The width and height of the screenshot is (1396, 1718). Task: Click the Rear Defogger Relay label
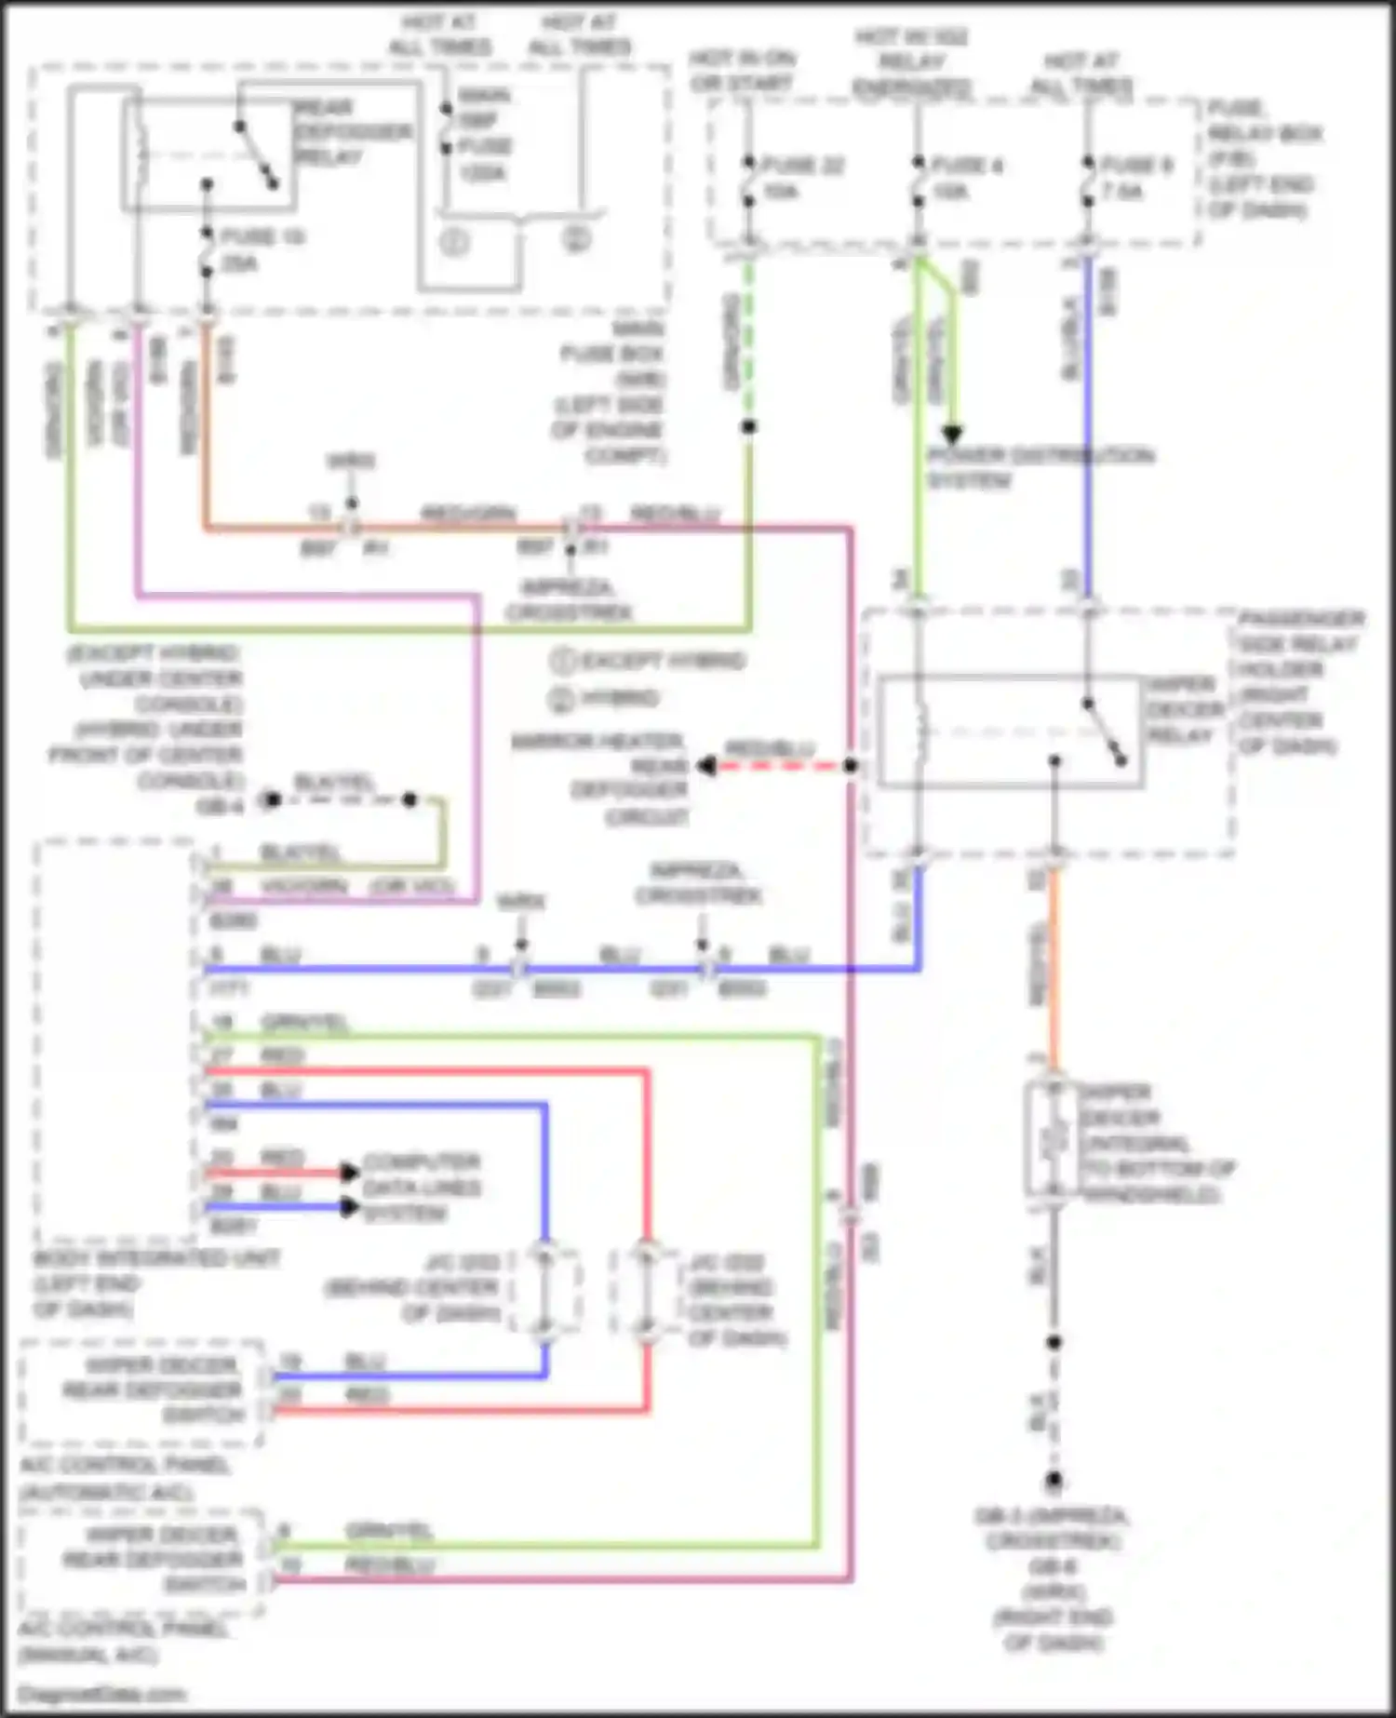point(352,131)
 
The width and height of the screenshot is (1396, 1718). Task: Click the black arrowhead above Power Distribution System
point(951,435)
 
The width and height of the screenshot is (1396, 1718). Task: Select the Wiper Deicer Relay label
point(1184,709)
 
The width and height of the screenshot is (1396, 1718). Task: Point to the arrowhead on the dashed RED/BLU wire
point(707,766)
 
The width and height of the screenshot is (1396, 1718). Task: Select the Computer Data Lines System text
point(421,1188)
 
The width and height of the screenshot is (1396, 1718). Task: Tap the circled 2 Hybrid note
point(605,699)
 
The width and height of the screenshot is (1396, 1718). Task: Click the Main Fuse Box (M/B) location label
point(612,392)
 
